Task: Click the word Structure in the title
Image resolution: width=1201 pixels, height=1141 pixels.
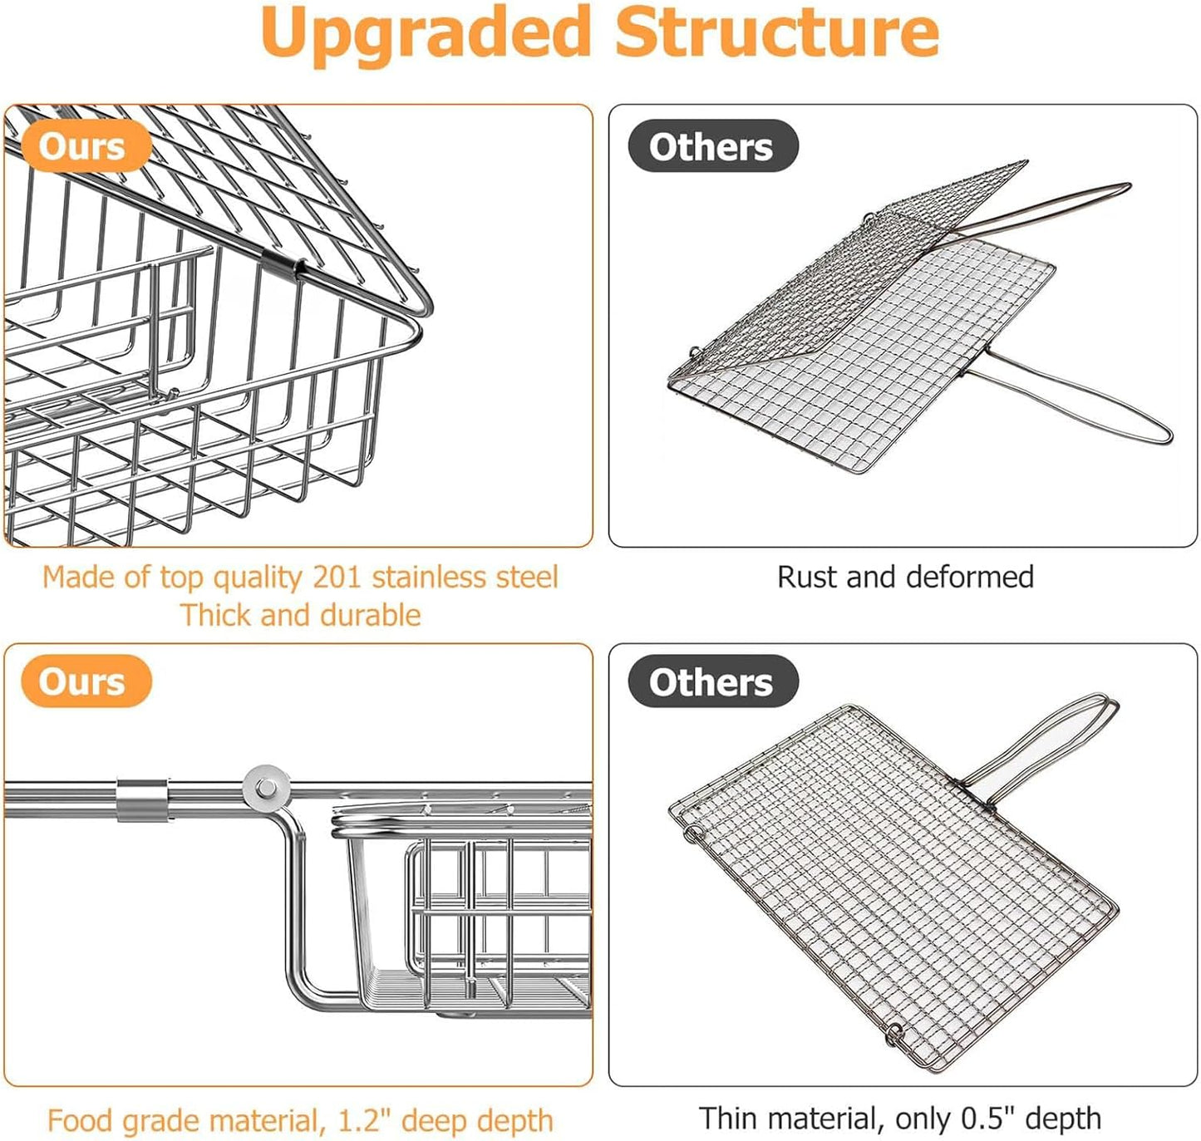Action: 776,33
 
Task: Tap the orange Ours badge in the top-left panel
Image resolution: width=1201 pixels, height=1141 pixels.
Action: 82,147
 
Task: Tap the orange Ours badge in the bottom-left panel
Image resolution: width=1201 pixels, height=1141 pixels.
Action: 82,681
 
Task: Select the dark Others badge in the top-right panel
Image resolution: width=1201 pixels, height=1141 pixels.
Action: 711,147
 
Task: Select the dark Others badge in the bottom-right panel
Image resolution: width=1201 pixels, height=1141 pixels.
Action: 711,682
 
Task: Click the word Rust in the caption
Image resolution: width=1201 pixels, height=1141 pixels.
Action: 807,577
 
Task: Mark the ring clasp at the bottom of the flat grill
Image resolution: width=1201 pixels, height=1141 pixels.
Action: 894,1034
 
